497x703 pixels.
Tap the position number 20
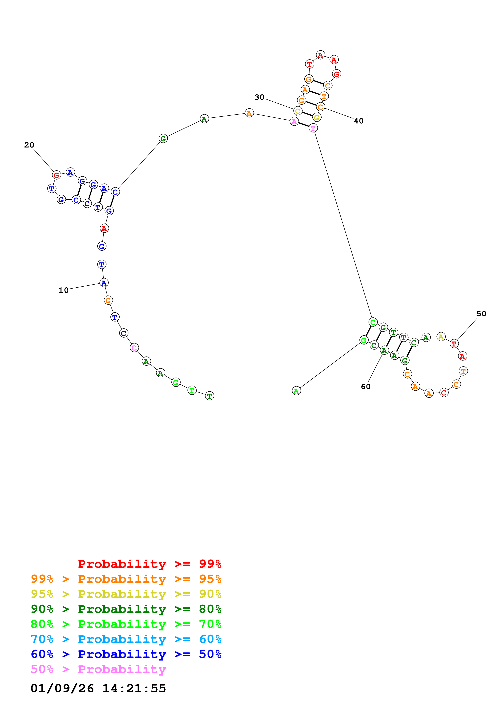click(x=29, y=145)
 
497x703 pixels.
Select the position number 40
click(x=359, y=121)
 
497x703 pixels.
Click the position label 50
click(x=481, y=314)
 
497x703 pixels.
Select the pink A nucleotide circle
click(x=294, y=122)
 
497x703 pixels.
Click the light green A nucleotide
click(x=296, y=391)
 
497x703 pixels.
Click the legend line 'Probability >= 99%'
click(x=149, y=564)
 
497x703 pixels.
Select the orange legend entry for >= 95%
click(x=126, y=579)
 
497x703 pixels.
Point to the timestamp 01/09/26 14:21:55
click(x=98, y=688)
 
